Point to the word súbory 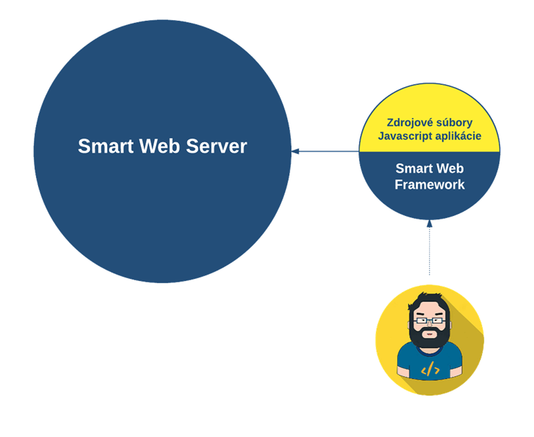coord(453,123)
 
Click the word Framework coord(430,184)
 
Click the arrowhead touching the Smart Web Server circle coord(295,150)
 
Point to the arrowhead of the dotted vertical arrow coord(430,223)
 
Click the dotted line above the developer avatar coord(430,252)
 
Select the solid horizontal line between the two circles coord(328,150)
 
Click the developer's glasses coord(430,320)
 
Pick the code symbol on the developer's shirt coord(430,369)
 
